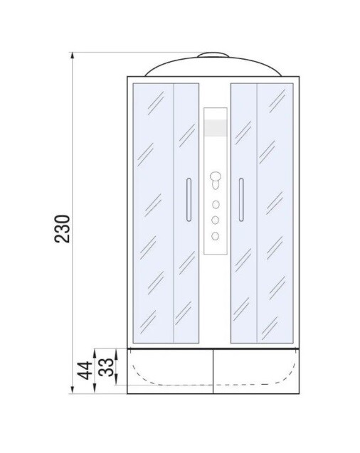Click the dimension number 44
pos(84,370)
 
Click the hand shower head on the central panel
pos(215,180)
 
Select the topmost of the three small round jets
pos(215,204)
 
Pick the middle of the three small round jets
pos(215,220)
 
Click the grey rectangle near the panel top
pos(215,128)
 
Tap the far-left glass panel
pos(153,213)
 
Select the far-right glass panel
pos(275,213)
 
